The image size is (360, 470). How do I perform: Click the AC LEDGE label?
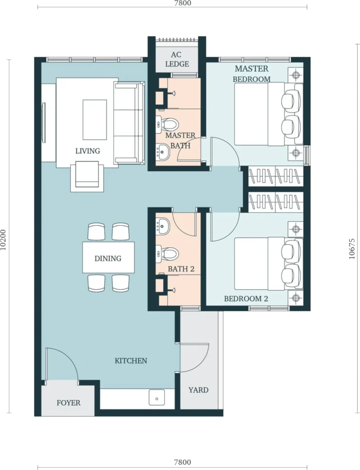click(177, 59)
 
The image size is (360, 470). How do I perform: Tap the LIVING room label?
click(88, 151)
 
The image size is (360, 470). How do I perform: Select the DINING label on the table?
click(108, 258)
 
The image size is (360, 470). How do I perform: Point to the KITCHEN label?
click(131, 361)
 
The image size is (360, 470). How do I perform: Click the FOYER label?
click(69, 403)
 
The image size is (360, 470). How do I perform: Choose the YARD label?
click(198, 390)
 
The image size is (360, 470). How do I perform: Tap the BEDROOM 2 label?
click(246, 299)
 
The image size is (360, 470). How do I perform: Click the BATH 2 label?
click(181, 269)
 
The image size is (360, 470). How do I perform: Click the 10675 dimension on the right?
click(352, 249)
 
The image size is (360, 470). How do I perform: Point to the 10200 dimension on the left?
click(4, 240)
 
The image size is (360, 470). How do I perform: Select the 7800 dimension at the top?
click(183, 3)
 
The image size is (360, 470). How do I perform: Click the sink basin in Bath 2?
click(163, 226)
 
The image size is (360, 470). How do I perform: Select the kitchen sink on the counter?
click(157, 398)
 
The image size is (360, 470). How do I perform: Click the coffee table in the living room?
click(94, 120)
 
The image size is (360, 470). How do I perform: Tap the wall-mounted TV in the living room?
click(44, 123)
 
